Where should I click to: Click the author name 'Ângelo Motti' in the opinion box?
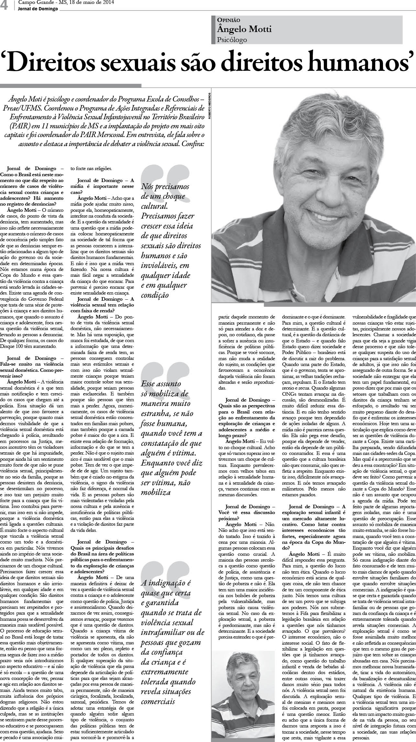click(245, 29)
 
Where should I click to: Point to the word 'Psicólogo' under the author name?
click(233, 40)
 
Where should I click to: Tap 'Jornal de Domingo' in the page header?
click(38, 9)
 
